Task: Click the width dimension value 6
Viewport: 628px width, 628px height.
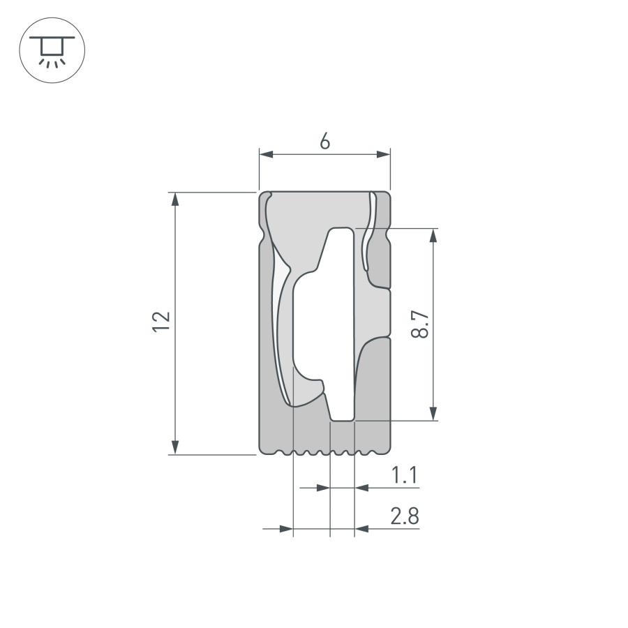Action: coord(324,141)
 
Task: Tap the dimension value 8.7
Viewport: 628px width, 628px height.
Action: coord(419,324)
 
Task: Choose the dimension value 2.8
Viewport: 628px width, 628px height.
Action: coord(404,517)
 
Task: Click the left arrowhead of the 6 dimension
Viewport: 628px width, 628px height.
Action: coord(265,155)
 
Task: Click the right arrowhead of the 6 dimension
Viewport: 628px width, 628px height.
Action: coord(383,155)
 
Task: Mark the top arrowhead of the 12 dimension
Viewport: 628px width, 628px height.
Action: coord(176,198)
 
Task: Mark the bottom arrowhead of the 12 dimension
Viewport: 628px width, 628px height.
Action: coord(176,447)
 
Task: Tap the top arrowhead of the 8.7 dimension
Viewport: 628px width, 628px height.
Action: coord(433,235)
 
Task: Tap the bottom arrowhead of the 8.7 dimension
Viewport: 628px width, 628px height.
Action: coord(433,413)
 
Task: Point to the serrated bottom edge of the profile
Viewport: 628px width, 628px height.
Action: coord(324,453)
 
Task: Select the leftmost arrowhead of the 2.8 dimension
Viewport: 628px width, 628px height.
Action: coord(285,529)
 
